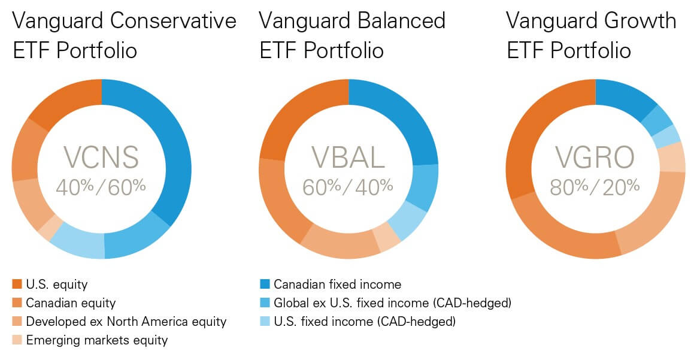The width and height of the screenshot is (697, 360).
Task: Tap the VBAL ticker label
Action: tap(348, 158)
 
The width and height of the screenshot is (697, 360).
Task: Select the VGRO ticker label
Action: tap(595, 158)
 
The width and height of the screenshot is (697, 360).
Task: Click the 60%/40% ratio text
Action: tap(348, 186)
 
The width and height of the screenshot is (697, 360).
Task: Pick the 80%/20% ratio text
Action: tap(595, 186)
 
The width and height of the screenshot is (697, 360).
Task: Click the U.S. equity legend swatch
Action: tap(17, 284)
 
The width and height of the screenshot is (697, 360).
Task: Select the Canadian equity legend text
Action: tap(71, 303)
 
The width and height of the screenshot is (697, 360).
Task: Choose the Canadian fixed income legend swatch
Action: tap(264, 284)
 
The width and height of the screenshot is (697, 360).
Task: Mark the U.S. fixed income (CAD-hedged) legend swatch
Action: tap(264, 322)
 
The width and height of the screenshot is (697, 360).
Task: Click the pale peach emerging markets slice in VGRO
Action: tap(671, 157)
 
